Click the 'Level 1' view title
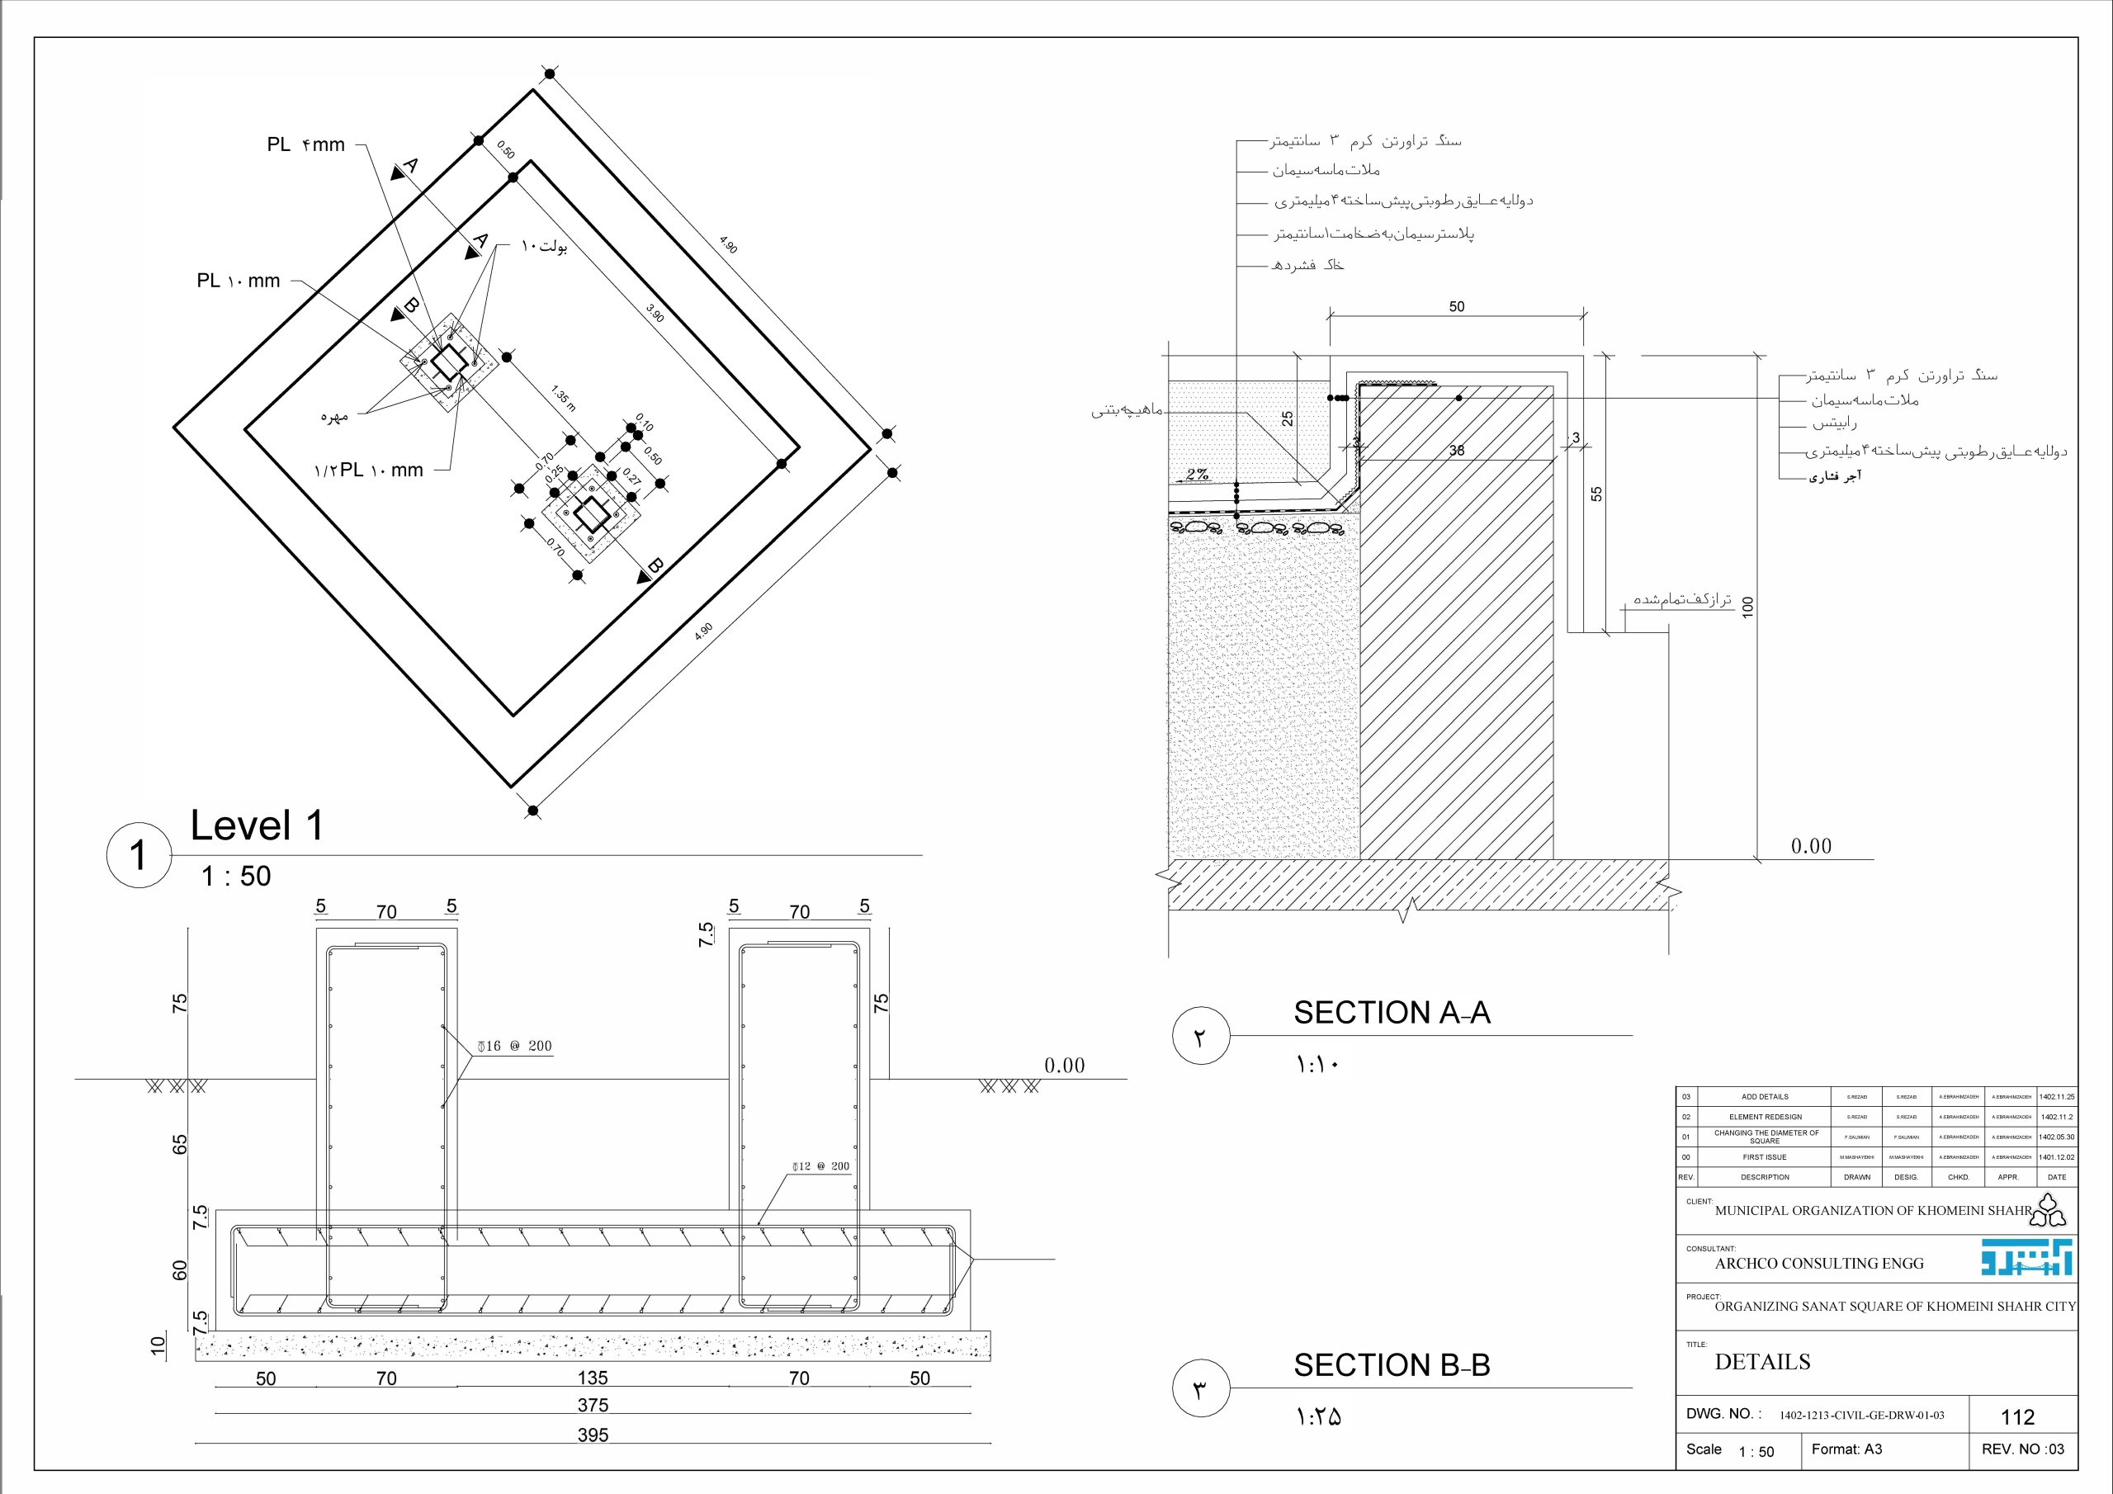point(257,825)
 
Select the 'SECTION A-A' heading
point(1392,1013)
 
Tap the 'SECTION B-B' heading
point(1392,1365)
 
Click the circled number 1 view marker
point(139,855)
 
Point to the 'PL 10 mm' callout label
point(239,281)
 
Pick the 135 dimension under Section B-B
point(593,1378)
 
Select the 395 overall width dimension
point(593,1435)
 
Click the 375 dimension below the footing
point(593,1406)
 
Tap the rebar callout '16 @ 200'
point(515,1046)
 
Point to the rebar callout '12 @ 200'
point(821,1166)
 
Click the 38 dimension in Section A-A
point(1457,450)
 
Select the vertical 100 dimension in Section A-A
point(1747,607)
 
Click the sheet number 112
point(2017,1416)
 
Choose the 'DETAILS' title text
point(1762,1363)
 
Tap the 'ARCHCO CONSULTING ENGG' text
point(1819,1264)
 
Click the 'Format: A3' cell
point(1846,1449)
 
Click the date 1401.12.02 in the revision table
point(2057,1157)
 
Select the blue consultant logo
point(2026,1257)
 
